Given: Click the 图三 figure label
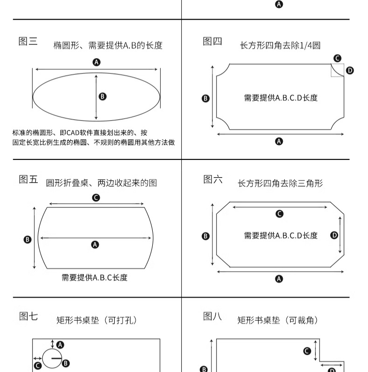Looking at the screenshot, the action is pos(28,41).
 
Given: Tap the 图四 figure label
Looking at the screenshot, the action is pos(212,41).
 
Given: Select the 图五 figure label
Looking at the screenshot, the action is pos(28,179).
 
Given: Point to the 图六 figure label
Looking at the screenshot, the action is pos(213,179).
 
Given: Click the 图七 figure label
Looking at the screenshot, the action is pos(28,316).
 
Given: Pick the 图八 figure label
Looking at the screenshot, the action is pos(212,316).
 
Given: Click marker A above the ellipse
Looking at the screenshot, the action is pos(96,62).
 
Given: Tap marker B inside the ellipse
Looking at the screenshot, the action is pos(102,96).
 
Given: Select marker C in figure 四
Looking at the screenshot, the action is pos(337,58).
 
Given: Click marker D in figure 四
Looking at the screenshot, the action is pos(350,71).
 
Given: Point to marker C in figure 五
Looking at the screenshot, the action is pos(96,198).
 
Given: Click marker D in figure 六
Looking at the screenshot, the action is pos(334,235).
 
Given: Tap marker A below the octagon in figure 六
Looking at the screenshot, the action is pos(279,279).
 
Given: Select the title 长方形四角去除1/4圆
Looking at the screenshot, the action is pos(280,46).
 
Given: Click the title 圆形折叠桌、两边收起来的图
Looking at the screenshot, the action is pos(101,183).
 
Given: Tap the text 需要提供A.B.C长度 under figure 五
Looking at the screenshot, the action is pos(95,278).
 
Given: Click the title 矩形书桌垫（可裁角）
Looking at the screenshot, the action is pos(278,320).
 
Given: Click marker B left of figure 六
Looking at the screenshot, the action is pos(205,236).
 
